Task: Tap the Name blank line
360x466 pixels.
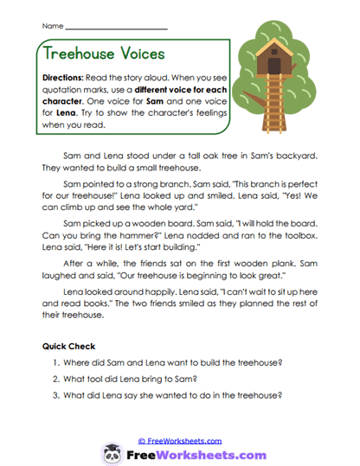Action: point(117,29)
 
